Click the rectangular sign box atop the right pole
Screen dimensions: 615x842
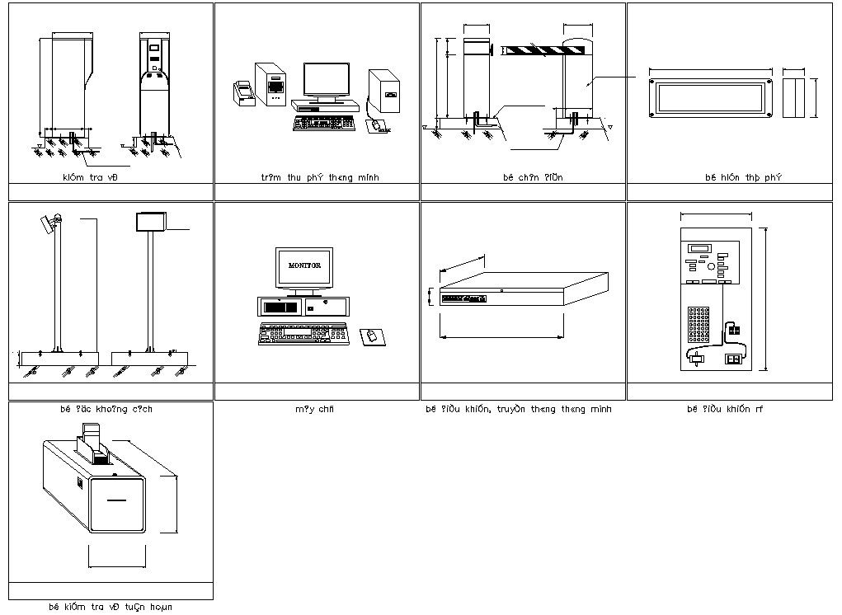[x=150, y=221]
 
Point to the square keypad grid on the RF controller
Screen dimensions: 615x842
[x=700, y=326]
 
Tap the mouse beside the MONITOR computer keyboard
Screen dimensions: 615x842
[x=372, y=336]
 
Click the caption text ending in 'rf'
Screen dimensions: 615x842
[x=725, y=409]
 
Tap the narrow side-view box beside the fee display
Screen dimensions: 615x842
[x=793, y=98]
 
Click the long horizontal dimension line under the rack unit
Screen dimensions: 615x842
[x=502, y=336]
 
